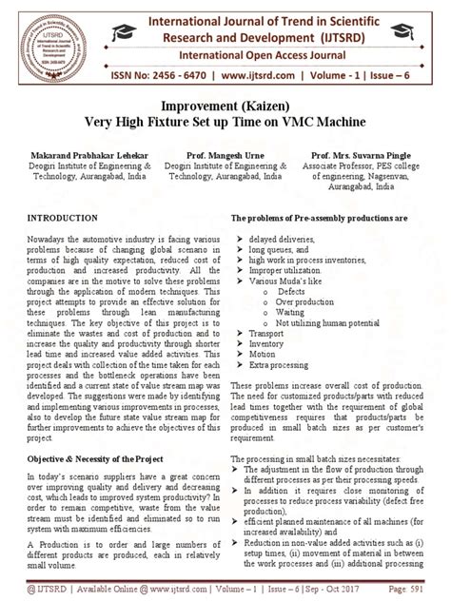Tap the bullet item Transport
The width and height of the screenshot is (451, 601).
[270, 334]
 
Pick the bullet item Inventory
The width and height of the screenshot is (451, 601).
[269, 344]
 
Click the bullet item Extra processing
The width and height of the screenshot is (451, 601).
[279, 365]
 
